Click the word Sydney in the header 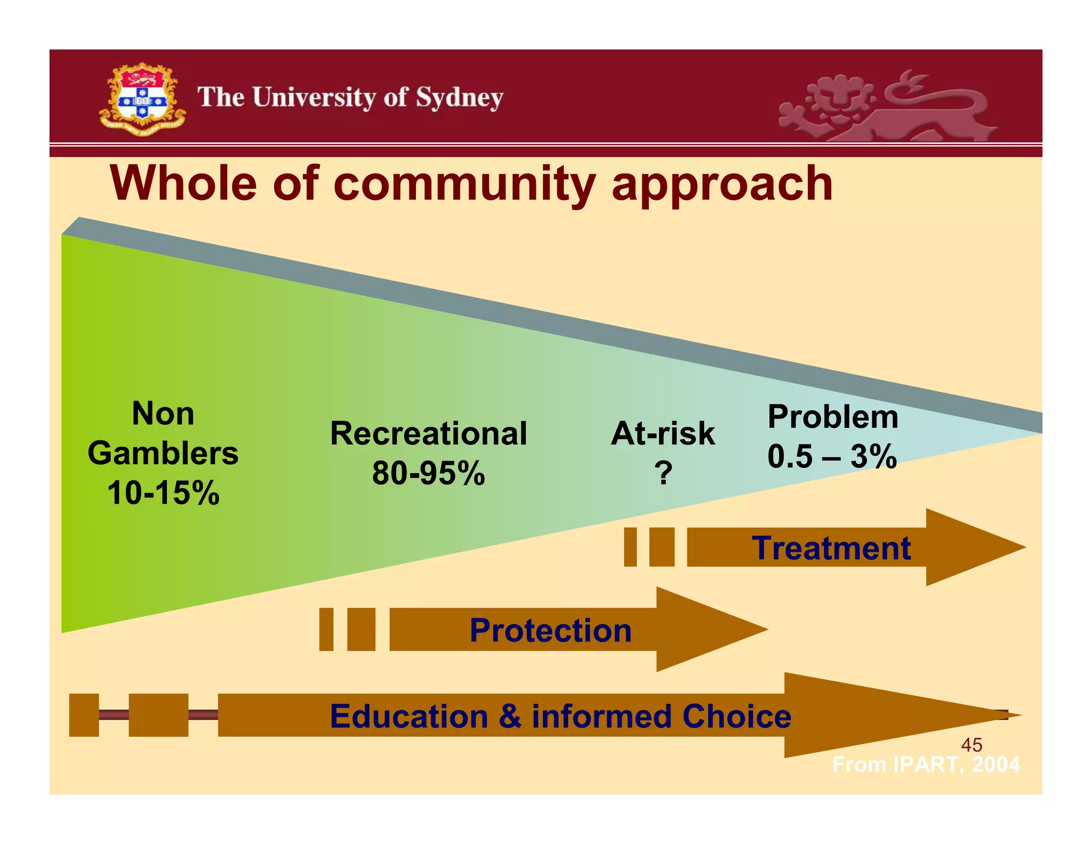pos(459,98)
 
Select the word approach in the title pos(722,184)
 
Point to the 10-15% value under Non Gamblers pos(163,492)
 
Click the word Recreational pos(428,433)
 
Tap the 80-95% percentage pos(428,473)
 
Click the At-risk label pos(662,433)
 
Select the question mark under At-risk pos(663,473)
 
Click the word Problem pos(832,417)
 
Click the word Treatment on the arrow pos(831,548)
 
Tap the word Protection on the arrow pos(550,630)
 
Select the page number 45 pos(971,745)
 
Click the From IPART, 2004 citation pos(926,765)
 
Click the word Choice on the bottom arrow pos(736,716)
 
